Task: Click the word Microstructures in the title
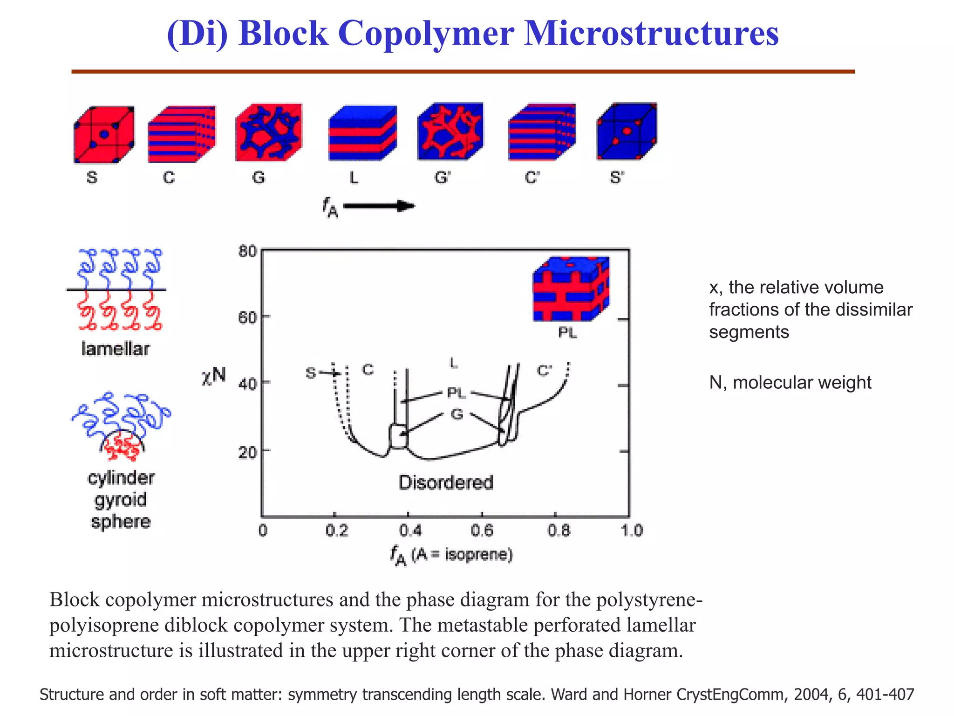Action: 651,34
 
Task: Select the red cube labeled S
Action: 104,135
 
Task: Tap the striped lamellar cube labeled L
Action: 362,134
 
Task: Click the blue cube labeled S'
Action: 627,132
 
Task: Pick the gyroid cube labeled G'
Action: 450,132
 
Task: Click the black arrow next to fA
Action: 379,206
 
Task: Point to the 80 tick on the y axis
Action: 247,252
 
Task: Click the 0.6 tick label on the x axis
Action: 482,530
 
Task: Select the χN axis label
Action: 213,376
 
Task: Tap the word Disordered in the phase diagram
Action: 446,482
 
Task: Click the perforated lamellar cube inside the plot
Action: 571,289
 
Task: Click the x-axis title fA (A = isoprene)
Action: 451,555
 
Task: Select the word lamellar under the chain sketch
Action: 115,349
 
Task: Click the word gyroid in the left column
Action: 121,500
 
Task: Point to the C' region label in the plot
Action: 544,371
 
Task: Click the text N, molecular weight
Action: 790,383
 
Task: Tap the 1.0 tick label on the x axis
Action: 632,530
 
